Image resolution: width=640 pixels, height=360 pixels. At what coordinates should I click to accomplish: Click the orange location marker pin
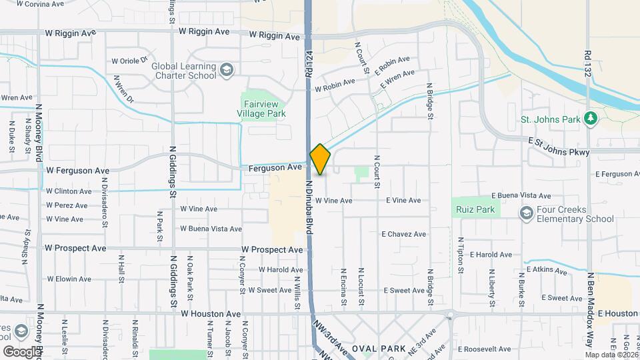pyautogui.click(x=320, y=159)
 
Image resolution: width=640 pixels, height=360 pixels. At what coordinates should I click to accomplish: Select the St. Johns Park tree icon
pyautogui.click(x=589, y=118)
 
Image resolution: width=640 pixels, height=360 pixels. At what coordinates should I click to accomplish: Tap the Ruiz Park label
pyautogui.click(x=475, y=209)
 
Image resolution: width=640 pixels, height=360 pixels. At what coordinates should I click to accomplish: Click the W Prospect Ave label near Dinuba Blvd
pyautogui.click(x=272, y=249)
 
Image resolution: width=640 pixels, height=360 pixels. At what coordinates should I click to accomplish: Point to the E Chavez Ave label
pyautogui.click(x=403, y=234)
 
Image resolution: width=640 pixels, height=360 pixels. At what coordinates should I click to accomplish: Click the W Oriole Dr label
pyautogui.click(x=129, y=60)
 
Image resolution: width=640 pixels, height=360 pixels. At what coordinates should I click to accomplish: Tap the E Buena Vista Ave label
pyautogui.click(x=521, y=196)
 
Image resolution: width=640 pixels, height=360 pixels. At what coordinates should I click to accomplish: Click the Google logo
pyautogui.click(x=21, y=351)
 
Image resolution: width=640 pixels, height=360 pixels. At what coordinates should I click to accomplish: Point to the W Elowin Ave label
pyautogui.click(x=69, y=279)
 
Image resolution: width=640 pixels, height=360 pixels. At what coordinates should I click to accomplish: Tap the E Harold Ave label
pyautogui.click(x=491, y=255)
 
